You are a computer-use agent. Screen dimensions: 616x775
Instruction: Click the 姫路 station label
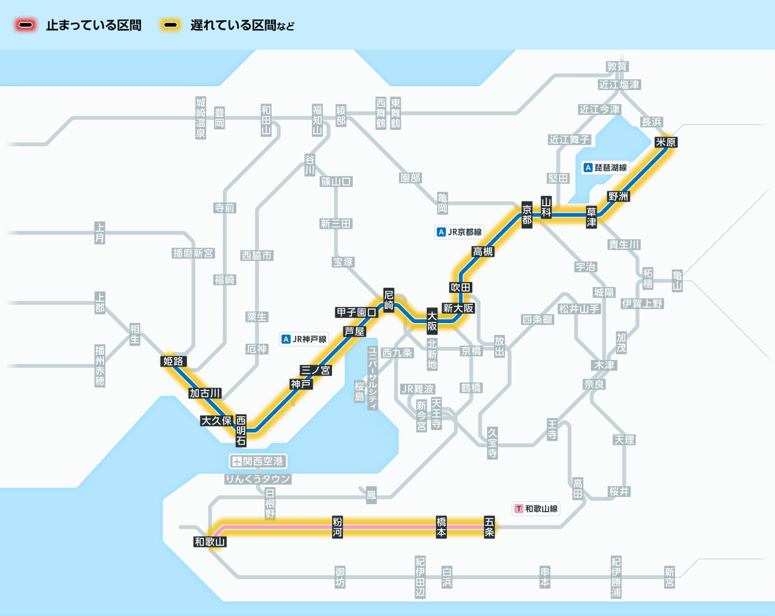[174, 361]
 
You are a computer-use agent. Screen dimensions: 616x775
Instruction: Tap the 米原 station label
[666, 142]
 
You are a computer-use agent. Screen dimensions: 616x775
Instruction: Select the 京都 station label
[527, 214]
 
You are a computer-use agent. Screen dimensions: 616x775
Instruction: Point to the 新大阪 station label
[458, 308]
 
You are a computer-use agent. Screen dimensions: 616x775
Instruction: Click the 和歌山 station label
[210, 542]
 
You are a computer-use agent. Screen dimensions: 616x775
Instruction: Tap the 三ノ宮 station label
[316, 370]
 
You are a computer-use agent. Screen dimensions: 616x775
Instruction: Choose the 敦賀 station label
[617, 67]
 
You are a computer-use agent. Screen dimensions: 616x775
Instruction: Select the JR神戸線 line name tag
[305, 339]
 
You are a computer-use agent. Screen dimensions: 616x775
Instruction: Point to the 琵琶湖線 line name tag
[605, 167]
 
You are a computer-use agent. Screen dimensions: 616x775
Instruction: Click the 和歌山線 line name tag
[536, 509]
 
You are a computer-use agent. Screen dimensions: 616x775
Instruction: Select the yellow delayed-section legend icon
[170, 25]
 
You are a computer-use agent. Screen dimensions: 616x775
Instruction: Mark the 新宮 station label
[669, 577]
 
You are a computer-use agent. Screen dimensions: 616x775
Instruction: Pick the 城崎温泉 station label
[200, 118]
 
